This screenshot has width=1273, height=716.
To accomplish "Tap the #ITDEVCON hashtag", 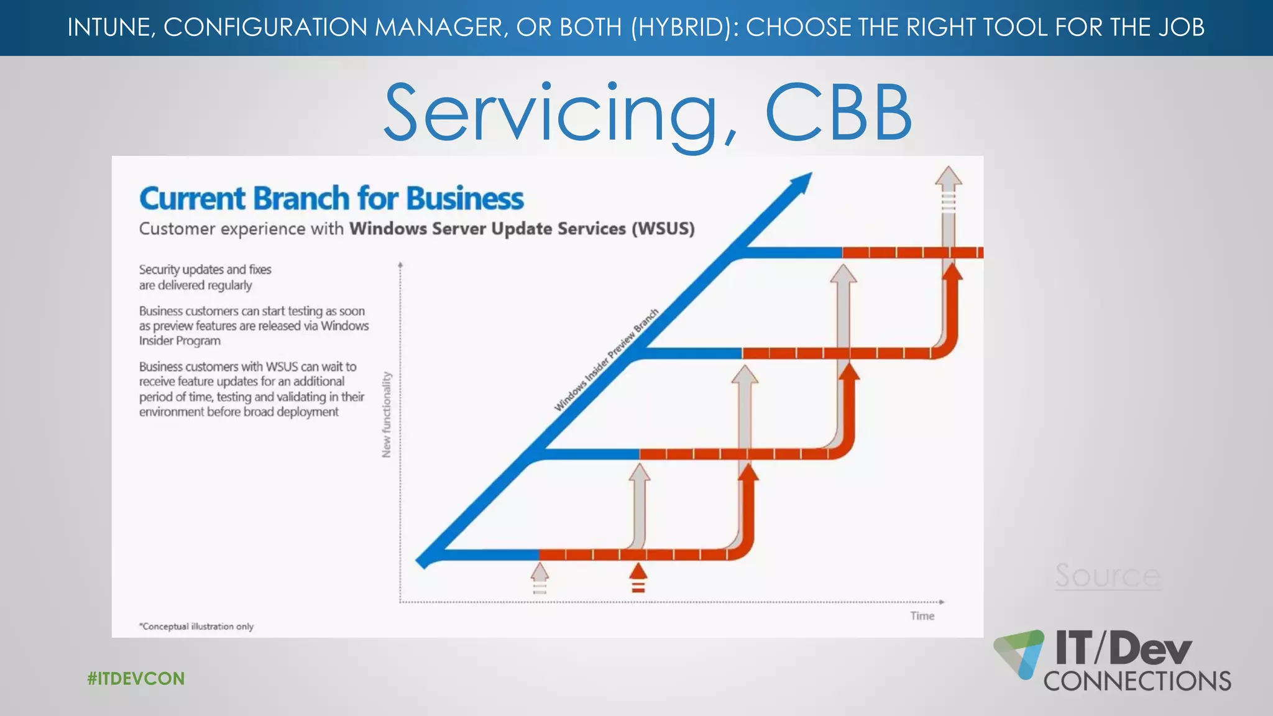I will click(136, 678).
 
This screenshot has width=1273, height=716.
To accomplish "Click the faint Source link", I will click(1107, 576).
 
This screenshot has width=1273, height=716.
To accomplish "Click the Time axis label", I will click(922, 616).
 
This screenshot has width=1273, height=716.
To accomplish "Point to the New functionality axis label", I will click(387, 415).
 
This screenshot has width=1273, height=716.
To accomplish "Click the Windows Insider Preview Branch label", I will click(606, 360).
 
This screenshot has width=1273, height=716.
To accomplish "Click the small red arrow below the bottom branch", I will click(638, 576).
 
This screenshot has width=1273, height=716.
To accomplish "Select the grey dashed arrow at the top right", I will click(948, 193).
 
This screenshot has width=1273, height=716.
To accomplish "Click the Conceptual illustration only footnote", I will click(196, 626).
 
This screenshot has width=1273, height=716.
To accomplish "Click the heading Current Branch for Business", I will click(331, 199).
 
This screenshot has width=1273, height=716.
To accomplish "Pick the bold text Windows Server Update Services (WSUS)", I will click(522, 229).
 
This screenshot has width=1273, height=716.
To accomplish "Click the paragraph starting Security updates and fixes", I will click(205, 277).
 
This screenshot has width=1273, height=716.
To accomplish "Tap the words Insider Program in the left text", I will click(180, 341).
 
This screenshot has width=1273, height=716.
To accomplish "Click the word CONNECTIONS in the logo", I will click(1137, 681).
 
